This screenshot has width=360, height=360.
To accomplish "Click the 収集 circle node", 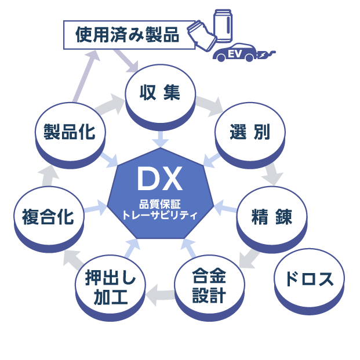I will pyautogui.click(x=161, y=93).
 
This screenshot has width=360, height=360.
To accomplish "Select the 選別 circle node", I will pyautogui.click(x=250, y=132).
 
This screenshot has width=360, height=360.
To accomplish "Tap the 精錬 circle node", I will pyautogui.click(x=271, y=216).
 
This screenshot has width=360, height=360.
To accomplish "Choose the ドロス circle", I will pyautogui.click(x=308, y=279).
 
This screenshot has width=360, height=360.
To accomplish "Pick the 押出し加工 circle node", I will pyautogui.click(x=110, y=288).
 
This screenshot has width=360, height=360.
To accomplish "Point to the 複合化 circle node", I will pyautogui.click(x=48, y=216).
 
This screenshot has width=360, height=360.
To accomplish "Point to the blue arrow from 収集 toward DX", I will pyautogui.click(x=161, y=139).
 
